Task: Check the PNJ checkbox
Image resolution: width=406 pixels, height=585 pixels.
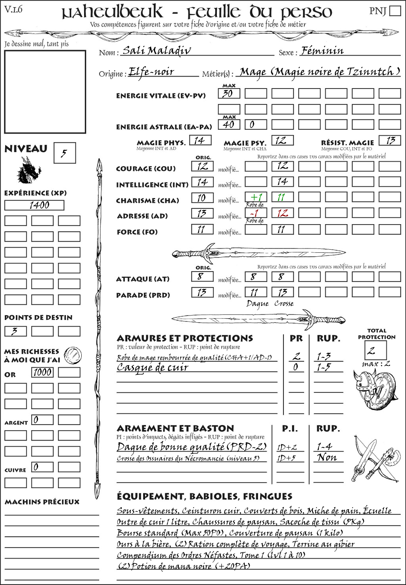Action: tap(395, 11)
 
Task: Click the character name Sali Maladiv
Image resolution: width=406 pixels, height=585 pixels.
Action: tap(157, 51)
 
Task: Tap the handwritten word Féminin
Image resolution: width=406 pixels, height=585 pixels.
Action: tap(322, 51)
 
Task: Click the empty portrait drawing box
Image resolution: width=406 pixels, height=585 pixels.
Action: tap(45, 92)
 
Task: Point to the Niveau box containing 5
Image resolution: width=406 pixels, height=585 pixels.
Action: tap(64, 153)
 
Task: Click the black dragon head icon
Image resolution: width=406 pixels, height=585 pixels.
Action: tap(29, 170)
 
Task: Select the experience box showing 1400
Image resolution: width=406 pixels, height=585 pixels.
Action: tap(34, 205)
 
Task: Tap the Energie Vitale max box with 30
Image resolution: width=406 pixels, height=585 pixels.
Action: tap(229, 94)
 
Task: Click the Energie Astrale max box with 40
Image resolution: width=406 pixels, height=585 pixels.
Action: tap(229, 125)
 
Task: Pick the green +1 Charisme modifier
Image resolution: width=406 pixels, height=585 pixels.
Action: tap(256, 197)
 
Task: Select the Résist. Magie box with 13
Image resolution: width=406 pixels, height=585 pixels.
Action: tap(390, 140)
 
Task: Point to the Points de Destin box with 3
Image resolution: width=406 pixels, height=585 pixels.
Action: tap(15, 331)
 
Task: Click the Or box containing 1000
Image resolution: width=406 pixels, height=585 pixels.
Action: tap(42, 372)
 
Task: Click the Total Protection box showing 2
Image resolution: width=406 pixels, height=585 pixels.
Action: tap(375, 350)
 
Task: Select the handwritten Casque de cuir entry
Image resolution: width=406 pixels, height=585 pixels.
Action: tap(152, 368)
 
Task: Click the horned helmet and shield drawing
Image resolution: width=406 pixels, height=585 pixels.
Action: tap(373, 389)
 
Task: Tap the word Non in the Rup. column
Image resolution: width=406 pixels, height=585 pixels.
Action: tap(327, 458)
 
